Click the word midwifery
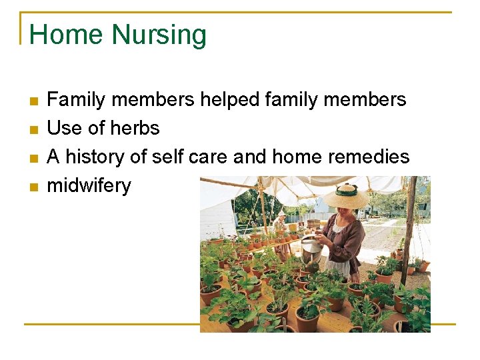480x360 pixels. [x=89, y=185]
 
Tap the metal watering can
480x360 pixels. [x=311, y=251]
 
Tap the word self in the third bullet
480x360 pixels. [x=167, y=157]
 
